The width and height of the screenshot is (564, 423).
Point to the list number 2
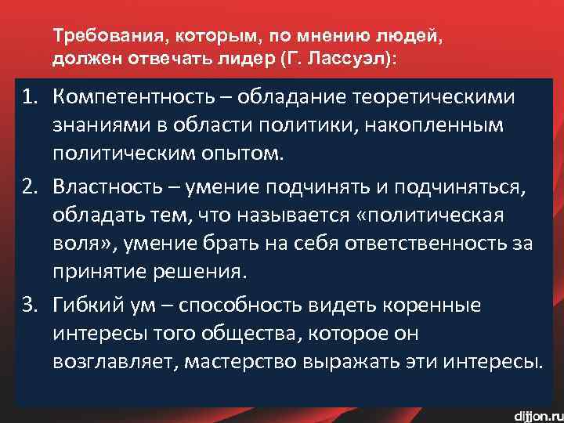29,188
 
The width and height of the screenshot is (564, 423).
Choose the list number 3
29,304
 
